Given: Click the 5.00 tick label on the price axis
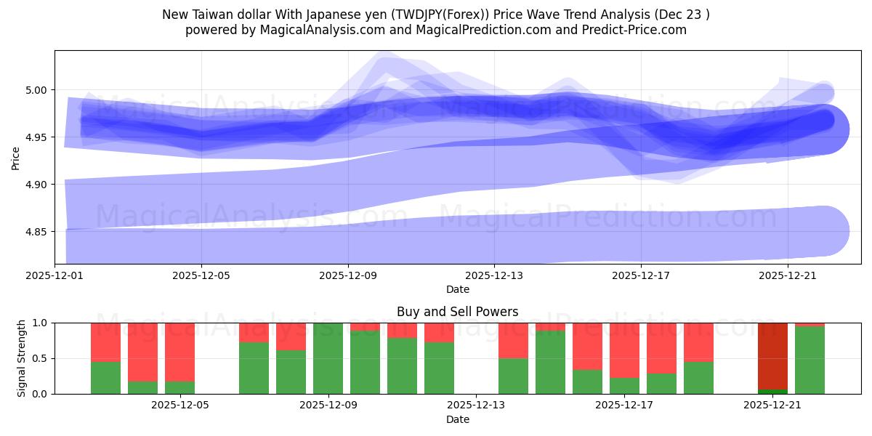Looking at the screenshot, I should pos(36,90).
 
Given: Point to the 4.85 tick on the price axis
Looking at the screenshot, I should pos(36,232).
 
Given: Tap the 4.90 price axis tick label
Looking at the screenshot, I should pos(36,185).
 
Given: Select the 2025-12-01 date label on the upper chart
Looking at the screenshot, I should pos(54,275).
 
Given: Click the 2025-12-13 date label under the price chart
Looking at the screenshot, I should pos(494,275).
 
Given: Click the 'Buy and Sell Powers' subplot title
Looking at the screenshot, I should pos(457,312).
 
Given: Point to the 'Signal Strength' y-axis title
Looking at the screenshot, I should pos(22,358).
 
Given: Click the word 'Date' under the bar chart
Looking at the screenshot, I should pos(457,419).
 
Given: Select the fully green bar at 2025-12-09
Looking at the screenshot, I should pos(328,358).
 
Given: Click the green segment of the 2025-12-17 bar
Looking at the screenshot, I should pos(624,386).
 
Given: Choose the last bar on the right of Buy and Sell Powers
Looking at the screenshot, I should pos(810,360).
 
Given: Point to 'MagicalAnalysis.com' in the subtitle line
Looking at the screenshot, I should pos(318,30).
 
